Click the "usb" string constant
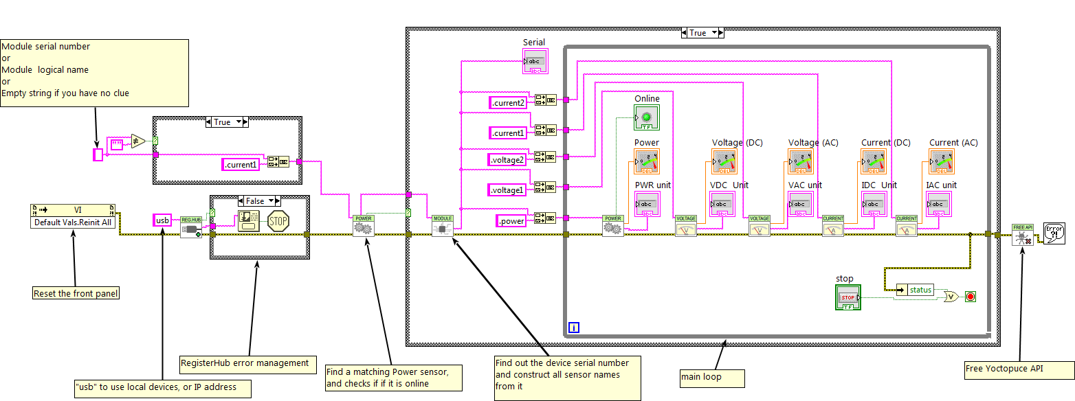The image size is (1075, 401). click(162, 220)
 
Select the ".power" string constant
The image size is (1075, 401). click(511, 221)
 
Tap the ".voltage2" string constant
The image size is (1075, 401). click(507, 160)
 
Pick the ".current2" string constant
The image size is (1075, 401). click(508, 103)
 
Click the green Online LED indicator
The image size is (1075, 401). click(647, 117)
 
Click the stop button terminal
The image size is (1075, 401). click(848, 297)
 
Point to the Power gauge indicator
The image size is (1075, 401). click(646, 161)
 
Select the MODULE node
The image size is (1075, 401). click(443, 226)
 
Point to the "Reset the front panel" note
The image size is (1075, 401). click(76, 294)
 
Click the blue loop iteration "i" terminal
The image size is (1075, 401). click(574, 328)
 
